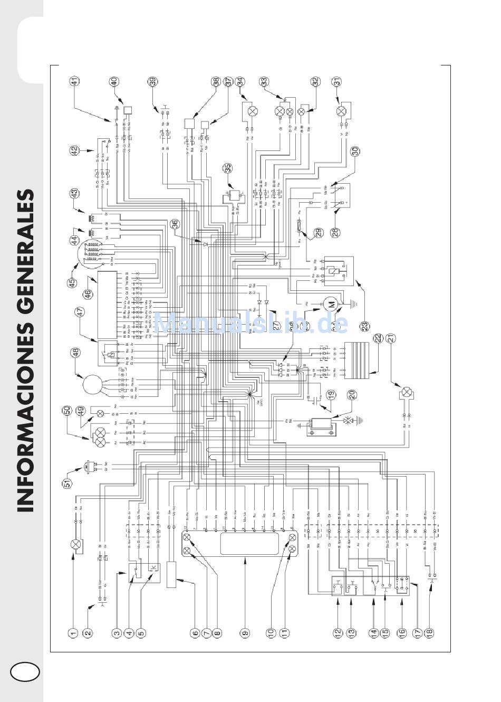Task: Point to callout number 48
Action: (75, 353)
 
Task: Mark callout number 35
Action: (227, 168)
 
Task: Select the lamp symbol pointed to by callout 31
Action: (341, 111)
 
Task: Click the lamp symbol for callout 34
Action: (252, 111)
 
